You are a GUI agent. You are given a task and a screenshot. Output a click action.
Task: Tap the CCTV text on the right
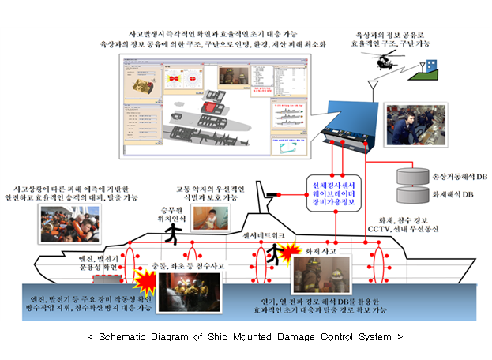tap(381, 227)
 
